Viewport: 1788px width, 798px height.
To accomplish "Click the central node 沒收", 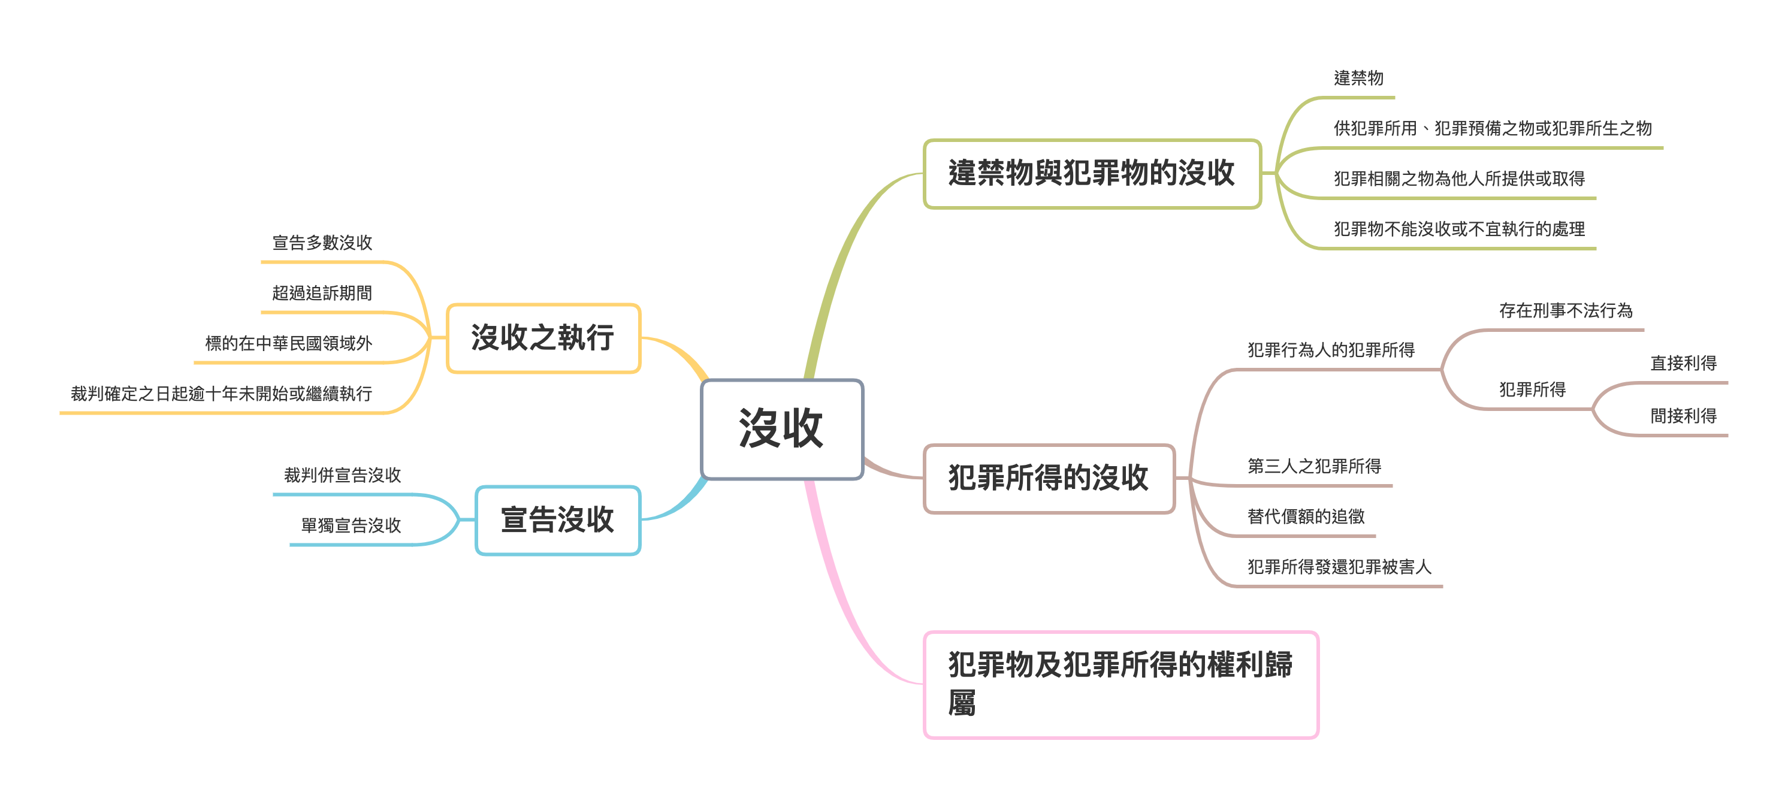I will click(x=781, y=429).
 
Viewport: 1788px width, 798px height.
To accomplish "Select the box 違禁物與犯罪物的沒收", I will click(x=1092, y=174).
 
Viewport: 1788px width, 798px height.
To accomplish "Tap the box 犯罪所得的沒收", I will click(x=1049, y=478).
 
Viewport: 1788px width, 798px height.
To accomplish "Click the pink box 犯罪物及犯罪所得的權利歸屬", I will click(x=1120, y=684).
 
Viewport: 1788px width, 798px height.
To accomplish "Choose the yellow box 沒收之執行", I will click(x=543, y=338).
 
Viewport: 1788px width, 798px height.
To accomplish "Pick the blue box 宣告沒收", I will click(x=557, y=520).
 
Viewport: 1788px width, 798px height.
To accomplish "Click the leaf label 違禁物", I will click(x=1358, y=78).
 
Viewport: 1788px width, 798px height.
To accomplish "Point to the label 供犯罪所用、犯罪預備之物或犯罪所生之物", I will click(x=1493, y=128).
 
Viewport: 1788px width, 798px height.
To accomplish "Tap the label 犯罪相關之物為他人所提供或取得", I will click(x=1459, y=179).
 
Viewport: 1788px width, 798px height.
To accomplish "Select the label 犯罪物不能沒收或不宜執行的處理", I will click(x=1459, y=229).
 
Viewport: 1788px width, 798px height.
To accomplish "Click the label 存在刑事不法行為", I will click(x=1565, y=310).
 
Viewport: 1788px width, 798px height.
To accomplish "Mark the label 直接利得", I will click(x=1683, y=363).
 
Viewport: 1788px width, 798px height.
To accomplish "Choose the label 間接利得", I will click(x=1683, y=416).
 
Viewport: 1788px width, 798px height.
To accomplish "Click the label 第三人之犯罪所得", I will click(x=1314, y=466).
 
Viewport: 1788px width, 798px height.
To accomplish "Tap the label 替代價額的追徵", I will click(x=1306, y=516).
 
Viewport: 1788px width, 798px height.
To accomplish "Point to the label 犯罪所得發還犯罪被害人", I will click(x=1339, y=567).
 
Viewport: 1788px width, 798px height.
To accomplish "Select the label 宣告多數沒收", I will click(x=322, y=243).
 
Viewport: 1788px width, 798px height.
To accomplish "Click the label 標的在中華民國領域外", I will click(x=289, y=343).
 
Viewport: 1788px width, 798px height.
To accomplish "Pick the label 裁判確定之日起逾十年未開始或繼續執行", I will click(x=222, y=394).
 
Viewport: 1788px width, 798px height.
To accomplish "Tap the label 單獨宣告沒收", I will click(x=351, y=525).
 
